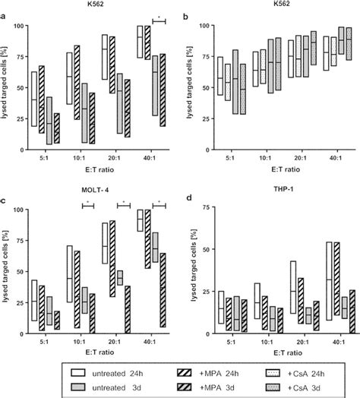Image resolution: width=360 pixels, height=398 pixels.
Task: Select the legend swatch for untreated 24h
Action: pyautogui.click(x=77, y=374)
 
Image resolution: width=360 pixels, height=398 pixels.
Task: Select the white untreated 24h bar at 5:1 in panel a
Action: pyautogui.click(x=34, y=99)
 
